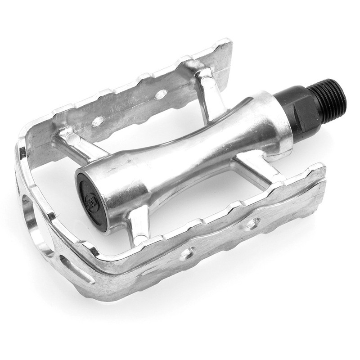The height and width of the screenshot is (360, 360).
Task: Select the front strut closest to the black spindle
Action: pos(259,168)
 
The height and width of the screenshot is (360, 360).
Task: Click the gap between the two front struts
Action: pos(198,198)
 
